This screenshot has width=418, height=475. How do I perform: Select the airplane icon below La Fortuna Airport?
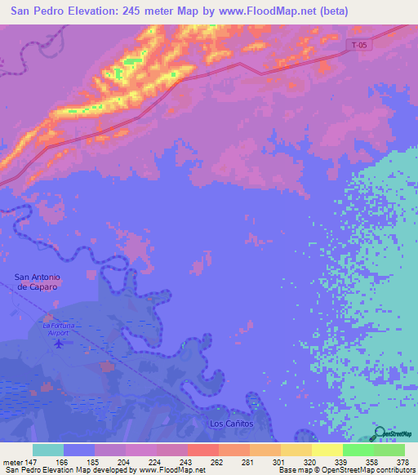(58, 343)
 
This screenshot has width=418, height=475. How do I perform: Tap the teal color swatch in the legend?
(48, 450)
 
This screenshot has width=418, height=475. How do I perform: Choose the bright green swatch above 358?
(358, 450)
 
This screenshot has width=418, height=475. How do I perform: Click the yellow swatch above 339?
(327, 450)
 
